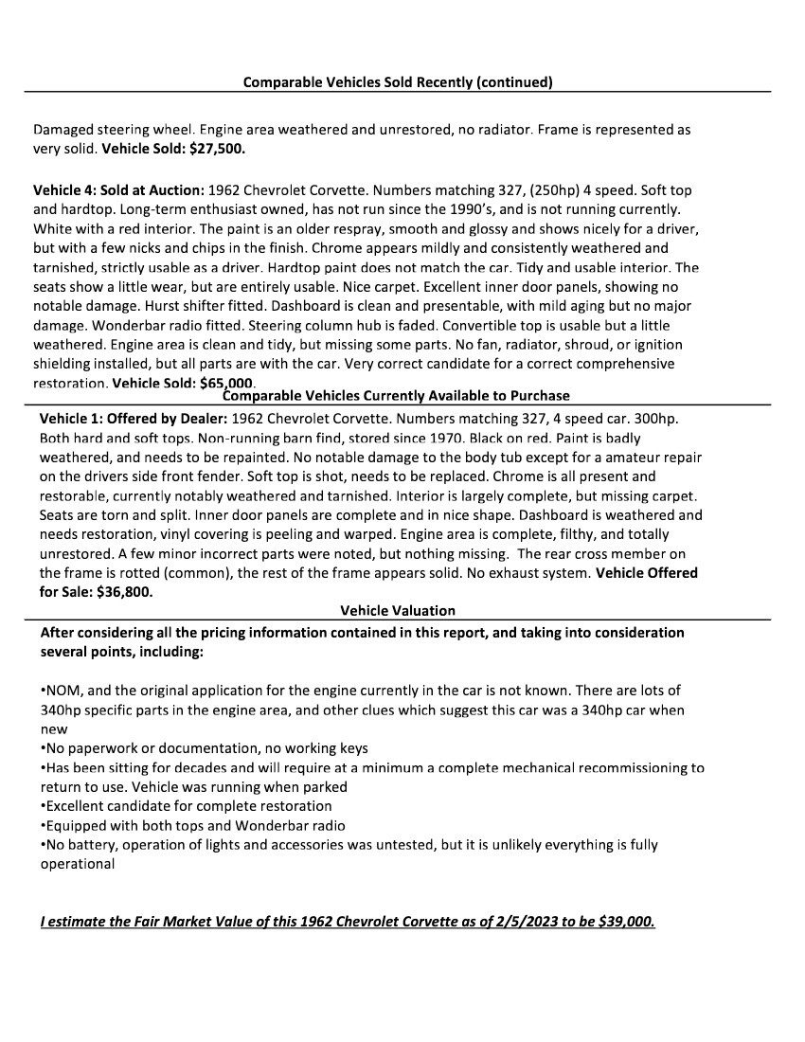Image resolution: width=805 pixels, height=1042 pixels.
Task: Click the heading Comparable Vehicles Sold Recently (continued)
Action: coord(398,81)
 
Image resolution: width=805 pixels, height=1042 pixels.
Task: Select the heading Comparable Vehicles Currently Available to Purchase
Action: coord(396,395)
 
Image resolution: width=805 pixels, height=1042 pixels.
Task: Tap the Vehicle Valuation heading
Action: coord(398,611)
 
